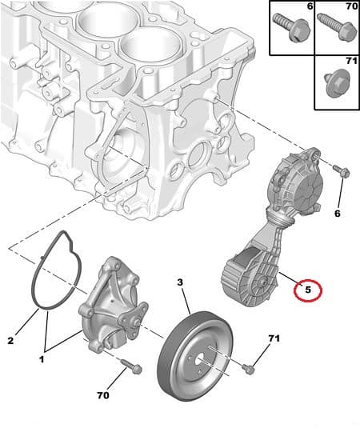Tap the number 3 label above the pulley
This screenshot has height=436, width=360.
pos(180,283)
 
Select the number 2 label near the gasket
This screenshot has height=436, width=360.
pos(11,341)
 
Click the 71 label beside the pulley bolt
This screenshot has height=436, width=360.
pos(274,339)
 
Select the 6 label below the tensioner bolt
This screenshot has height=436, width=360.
pos(336,214)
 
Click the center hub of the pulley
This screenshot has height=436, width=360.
pos(198,358)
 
